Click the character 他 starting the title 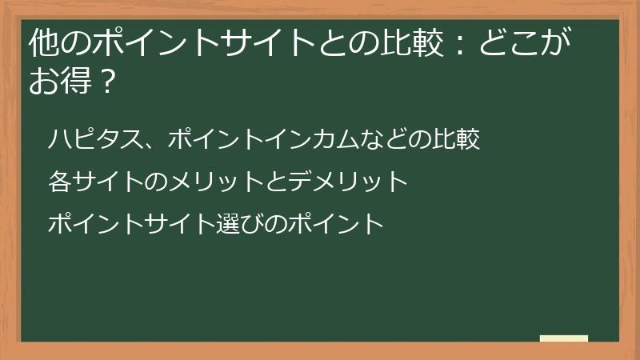(x=42, y=43)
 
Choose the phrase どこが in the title (x=524, y=43)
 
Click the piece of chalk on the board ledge (x=564, y=338)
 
